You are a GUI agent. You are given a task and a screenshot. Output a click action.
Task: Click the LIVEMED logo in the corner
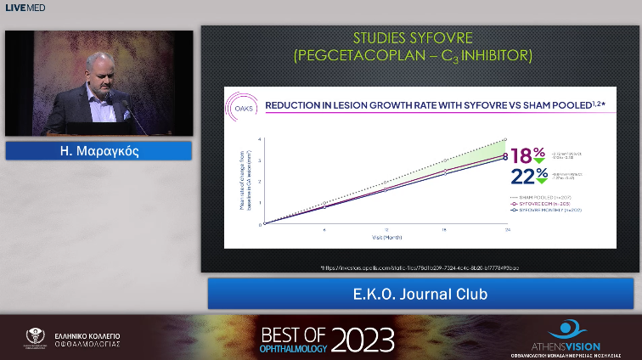[25, 8]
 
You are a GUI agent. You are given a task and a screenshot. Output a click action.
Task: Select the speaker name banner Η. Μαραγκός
[99, 151]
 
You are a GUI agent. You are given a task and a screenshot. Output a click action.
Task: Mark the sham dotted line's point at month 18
[447, 160]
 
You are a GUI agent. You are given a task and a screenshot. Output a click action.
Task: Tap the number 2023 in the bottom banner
[363, 339]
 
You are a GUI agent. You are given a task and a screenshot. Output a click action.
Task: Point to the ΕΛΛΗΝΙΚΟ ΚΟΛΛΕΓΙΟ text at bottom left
[83, 334]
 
